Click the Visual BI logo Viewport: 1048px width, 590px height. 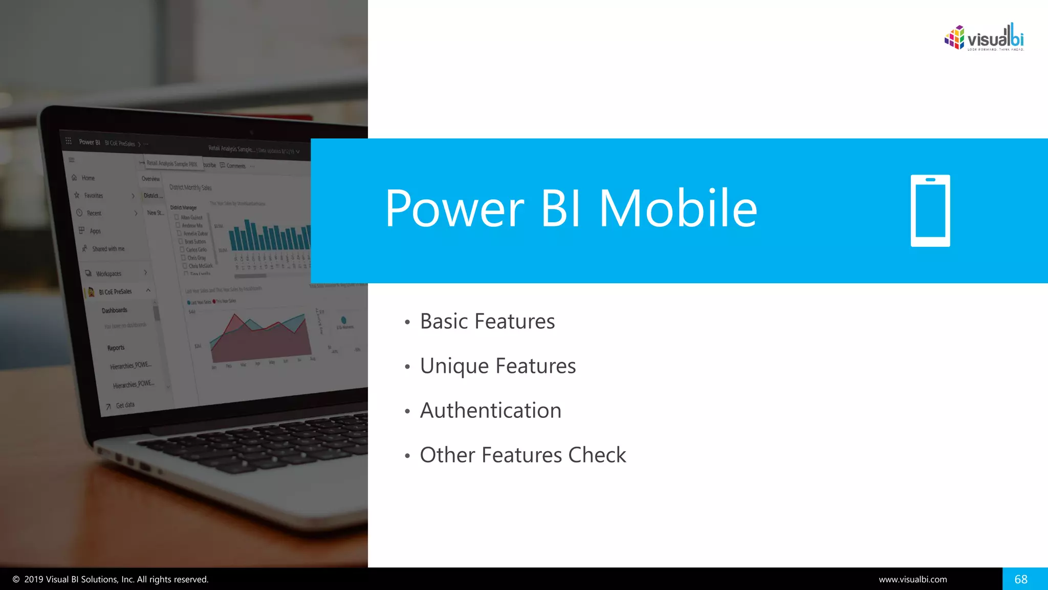click(x=984, y=37)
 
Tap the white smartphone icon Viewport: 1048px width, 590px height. click(x=930, y=210)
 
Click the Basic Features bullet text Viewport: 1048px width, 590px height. click(x=487, y=322)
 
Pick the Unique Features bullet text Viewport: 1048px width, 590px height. click(x=497, y=366)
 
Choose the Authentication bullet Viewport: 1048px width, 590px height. click(x=490, y=411)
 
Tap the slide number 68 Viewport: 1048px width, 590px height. click(x=1020, y=579)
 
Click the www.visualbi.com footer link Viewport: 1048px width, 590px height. click(x=912, y=579)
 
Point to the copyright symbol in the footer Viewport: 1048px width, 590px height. click(x=16, y=579)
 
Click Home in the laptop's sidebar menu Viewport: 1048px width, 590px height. click(x=88, y=178)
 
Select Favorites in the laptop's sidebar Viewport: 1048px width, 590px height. click(x=93, y=196)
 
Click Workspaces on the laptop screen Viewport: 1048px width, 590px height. click(x=108, y=273)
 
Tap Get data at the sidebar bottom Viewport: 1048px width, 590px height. click(x=124, y=405)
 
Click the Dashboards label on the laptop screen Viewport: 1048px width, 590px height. click(x=114, y=310)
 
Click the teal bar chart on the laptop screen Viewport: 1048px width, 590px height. click(x=269, y=237)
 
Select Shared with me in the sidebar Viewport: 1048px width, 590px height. click(x=108, y=249)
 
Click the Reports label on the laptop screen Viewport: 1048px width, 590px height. click(x=116, y=348)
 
